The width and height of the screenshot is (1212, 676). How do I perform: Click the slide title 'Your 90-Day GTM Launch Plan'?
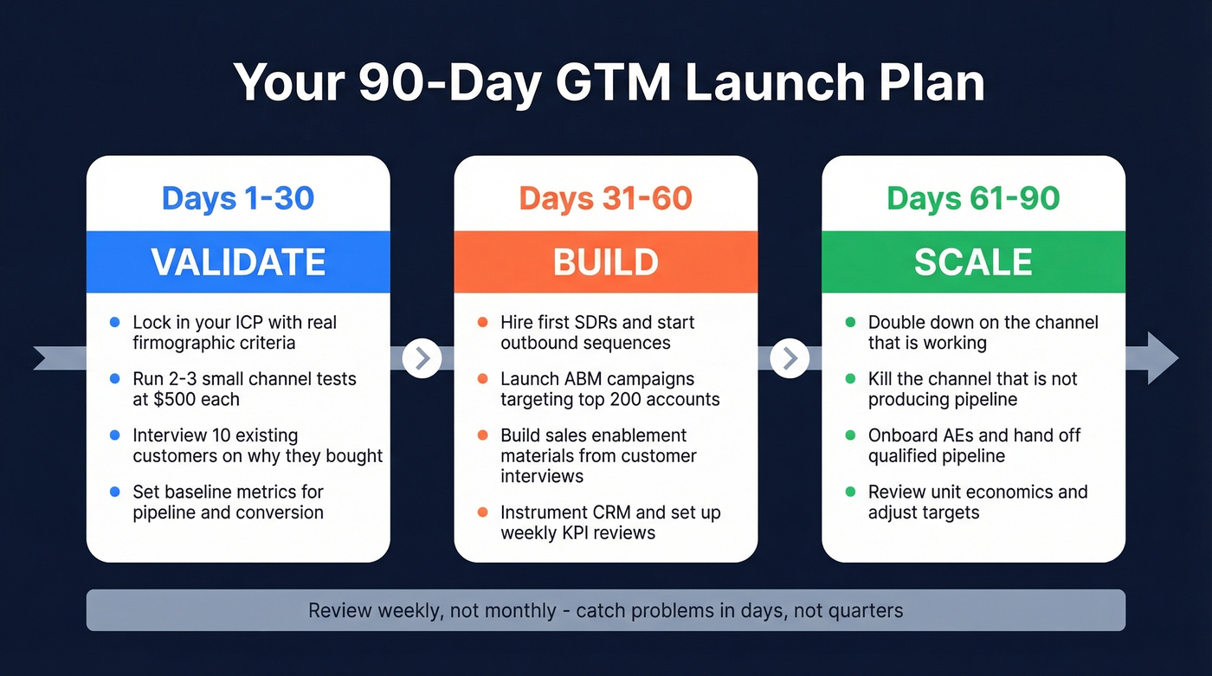tap(609, 83)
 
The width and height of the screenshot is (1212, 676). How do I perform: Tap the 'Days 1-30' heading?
tap(238, 198)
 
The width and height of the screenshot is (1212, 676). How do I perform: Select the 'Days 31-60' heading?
tap(605, 198)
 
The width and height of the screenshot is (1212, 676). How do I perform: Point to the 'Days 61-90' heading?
tap(973, 198)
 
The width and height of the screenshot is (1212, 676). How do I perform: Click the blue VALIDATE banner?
tap(238, 261)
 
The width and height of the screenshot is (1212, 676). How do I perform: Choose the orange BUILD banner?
tap(605, 261)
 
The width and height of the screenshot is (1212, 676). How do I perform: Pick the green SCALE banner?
tap(973, 261)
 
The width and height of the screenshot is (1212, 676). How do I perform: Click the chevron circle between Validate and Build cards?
tap(422, 357)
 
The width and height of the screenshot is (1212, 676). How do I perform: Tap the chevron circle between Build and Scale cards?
tap(790, 357)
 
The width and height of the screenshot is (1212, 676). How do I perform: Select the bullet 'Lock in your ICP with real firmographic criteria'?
tap(234, 332)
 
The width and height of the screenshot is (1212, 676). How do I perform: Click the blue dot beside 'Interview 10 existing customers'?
tap(115, 435)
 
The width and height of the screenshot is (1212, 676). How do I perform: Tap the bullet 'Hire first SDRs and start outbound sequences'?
tap(597, 332)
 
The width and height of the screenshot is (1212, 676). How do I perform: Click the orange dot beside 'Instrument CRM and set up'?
tap(483, 512)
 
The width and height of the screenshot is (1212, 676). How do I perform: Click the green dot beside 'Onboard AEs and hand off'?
tap(850, 435)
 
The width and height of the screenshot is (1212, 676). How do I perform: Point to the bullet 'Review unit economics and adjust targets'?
tap(977, 502)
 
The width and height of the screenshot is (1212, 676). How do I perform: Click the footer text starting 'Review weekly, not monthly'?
tap(605, 610)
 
